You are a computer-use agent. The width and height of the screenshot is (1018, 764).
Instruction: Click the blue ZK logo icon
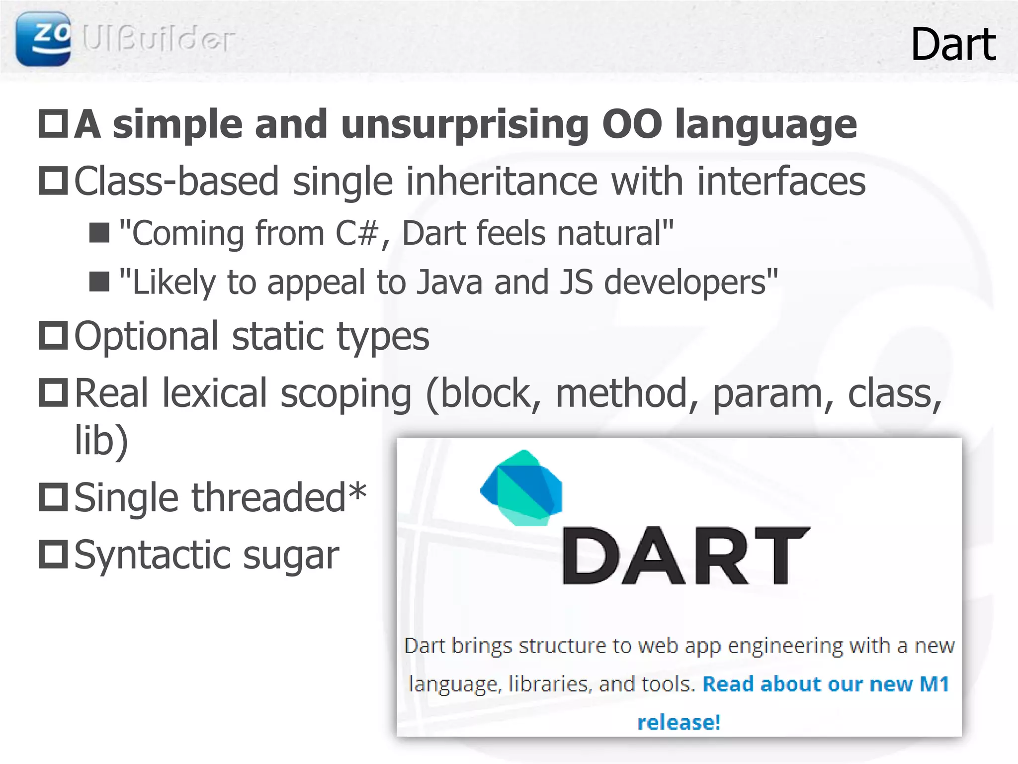43,39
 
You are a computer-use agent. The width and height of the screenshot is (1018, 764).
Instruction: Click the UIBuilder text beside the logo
158,39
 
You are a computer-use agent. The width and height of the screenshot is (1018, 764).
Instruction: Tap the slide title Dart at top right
953,45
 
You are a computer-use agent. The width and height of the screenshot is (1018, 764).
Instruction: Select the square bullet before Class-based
53,181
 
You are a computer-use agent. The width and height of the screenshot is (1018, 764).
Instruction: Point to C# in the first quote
357,233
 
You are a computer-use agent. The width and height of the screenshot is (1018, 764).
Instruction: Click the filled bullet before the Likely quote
99,282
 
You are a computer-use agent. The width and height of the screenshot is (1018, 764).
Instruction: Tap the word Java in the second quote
449,282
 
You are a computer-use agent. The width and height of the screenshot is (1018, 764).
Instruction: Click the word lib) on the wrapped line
101,440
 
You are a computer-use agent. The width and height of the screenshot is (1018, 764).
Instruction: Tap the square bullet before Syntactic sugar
53,554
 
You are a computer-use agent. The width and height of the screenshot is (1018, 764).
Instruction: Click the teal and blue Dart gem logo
522,487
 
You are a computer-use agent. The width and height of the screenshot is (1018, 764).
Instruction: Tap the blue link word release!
679,722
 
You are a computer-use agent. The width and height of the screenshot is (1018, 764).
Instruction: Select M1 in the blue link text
934,684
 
